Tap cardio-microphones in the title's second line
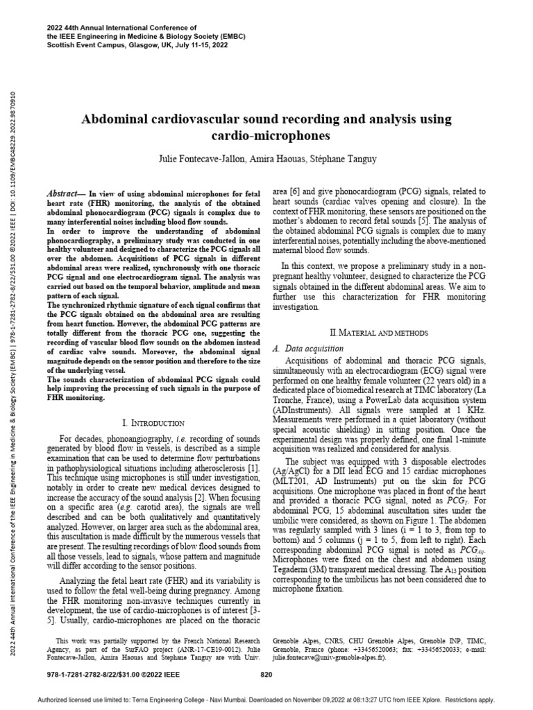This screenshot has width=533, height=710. click(266, 137)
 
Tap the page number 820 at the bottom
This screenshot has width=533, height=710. click(266, 673)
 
